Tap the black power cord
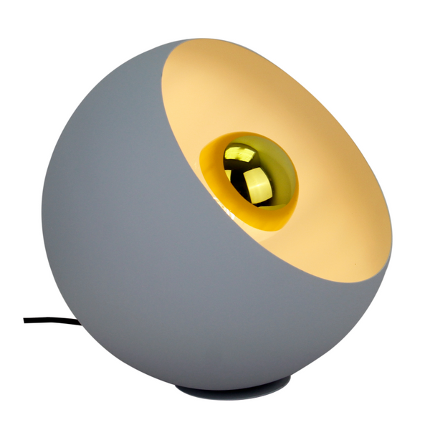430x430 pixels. coord(50,320)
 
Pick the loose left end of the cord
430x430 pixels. coord(25,320)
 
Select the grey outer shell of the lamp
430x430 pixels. coord(122,236)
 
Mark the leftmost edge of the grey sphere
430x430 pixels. coord(42,215)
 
